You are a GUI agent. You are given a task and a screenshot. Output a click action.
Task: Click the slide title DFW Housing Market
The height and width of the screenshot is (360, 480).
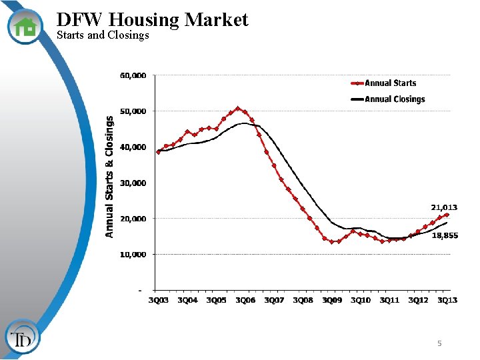tap(152, 20)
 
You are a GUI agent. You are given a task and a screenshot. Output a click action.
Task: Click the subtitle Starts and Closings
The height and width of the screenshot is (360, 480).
tap(103, 35)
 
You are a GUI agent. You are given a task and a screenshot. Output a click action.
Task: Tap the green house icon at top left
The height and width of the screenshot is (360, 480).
tap(25, 27)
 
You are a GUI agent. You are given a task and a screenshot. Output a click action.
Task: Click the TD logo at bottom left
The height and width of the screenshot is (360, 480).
tap(23, 339)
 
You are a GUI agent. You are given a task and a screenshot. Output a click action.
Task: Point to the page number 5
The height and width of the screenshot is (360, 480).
tap(439, 343)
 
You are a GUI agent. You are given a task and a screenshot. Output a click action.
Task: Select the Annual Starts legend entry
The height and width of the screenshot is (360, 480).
tap(390, 83)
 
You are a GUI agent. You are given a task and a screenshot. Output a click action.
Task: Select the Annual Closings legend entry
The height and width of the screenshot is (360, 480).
tap(394, 99)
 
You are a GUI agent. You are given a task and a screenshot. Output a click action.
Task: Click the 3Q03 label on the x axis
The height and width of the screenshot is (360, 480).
tap(159, 301)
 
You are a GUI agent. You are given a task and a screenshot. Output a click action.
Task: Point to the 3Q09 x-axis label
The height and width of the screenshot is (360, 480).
tap(332, 301)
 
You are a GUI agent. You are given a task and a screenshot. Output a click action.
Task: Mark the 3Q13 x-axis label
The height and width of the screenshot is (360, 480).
tap(447, 301)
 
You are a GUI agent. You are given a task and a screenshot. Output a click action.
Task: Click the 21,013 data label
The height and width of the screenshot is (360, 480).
tap(444, 208)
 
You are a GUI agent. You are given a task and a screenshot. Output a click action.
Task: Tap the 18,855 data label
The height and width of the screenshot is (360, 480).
tap(445, 235)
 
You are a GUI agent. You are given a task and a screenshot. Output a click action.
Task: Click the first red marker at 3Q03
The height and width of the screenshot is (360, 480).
tap(159, 152)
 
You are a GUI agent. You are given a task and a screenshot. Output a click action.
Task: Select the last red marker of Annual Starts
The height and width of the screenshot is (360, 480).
tap(447, 215)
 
